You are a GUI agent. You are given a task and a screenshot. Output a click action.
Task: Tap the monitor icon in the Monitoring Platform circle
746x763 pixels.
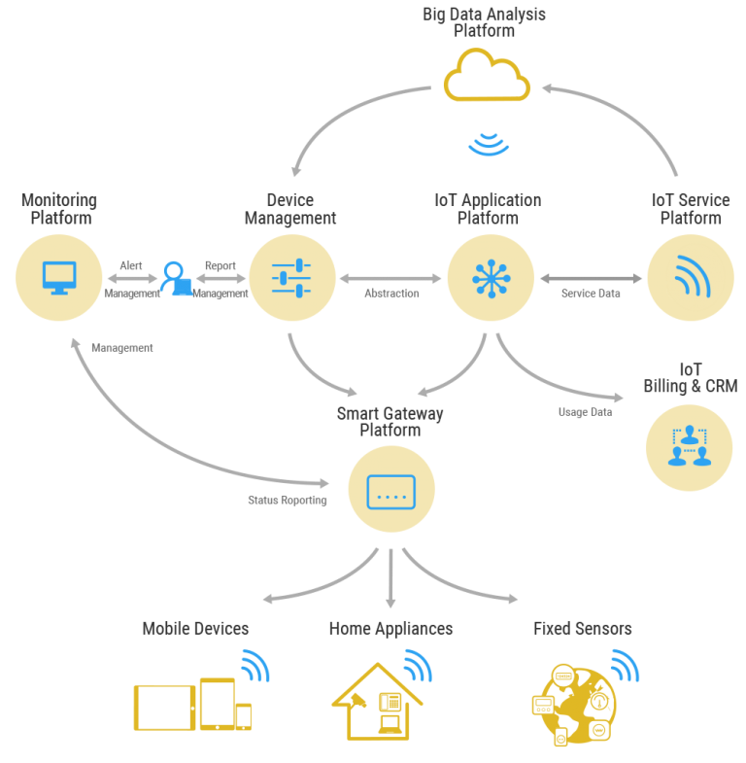pos(59,278)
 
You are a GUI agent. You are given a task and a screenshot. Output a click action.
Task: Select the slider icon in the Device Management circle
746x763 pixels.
pos(291,278)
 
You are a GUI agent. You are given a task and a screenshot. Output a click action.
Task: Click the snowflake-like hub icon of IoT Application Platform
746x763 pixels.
pos(491,278)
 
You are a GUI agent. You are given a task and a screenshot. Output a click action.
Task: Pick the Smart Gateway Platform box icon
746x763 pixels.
pos(391,492)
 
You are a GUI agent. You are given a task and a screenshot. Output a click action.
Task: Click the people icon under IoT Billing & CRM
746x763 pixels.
pos(689,445)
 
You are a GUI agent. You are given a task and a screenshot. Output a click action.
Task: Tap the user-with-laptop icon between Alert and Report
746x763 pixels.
pos(176,278)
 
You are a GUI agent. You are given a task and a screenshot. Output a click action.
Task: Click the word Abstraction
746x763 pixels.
pos(391,294)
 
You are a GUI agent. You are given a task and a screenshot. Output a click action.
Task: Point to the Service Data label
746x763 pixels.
pos(591,294)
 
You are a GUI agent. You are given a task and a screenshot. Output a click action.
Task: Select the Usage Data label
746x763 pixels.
pos(585,412)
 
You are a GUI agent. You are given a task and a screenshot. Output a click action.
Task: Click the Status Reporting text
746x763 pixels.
pos(287,501)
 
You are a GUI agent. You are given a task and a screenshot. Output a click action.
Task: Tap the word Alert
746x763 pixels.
pos(131,265)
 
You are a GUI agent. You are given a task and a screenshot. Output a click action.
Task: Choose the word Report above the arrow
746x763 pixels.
pos(220,266)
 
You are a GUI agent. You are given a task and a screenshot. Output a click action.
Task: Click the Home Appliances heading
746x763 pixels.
pos(390,629)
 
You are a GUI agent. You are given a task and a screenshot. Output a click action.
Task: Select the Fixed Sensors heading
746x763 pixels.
pos(582,628)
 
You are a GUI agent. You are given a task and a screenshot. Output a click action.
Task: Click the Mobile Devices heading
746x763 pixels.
pos(195,628)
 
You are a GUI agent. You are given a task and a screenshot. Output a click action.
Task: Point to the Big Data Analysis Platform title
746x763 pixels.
pos(484,22)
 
